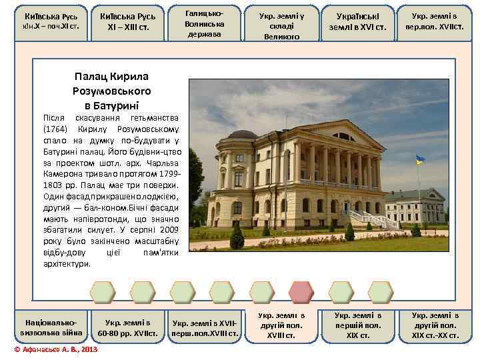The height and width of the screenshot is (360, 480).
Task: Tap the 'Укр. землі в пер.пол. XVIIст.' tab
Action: coord(435,21)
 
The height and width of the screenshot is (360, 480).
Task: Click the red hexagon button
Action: coord(301,292)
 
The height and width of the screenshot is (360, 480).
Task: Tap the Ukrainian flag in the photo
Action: coord(420,160)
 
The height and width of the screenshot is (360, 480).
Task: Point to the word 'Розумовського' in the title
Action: coord(111,90)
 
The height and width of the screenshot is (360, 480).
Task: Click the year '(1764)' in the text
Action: coord(55,128)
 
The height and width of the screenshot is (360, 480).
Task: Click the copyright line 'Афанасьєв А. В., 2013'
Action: coord(57,349)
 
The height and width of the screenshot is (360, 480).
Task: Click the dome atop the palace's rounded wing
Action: coord(242,134)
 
